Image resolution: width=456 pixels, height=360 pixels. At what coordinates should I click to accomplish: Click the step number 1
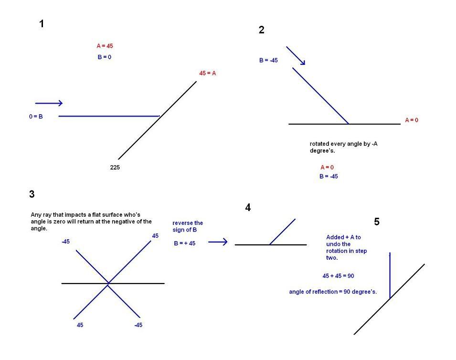pyautogui.click(x=42, y=24)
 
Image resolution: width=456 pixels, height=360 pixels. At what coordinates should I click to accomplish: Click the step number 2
pyautogui.click(x=262, y=30)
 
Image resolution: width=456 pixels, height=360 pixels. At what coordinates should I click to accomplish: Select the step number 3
pyautogui.click(x=32, y=194)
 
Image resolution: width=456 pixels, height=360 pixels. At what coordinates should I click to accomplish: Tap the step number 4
pyautogui.click(x=248, y=207)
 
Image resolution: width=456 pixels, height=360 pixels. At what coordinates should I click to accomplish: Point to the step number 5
pyautogui.click(x=377, y=222)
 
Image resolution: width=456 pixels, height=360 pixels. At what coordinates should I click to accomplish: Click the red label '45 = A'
pyautogui.click(x=208, y=73)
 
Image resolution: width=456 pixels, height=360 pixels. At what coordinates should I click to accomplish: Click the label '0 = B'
pyautogui.click(x=36, y=116)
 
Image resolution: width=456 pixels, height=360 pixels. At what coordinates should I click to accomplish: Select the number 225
pyautogui.click(x=115, y=167)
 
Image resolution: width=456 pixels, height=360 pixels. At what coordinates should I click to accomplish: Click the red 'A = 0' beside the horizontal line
pyautogui.click(x=412, y=120)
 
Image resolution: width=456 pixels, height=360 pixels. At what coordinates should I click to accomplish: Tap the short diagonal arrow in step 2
pyautogui.click(x=296, y=55)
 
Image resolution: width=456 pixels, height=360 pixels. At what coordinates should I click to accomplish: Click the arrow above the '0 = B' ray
pyautogui.click(x=49, y=103)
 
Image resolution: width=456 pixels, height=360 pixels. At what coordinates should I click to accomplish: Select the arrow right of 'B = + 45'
pyautogui.click(x=218, y=242)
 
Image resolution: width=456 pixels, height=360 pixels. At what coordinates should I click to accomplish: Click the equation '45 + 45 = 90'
pyautogui.click(x=338, y=275)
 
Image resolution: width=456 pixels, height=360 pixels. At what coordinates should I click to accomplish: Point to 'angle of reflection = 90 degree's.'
pyautogui.click(x=333, y=292)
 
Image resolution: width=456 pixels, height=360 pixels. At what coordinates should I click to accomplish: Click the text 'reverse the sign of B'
pyautogui.click(x=188, y=226)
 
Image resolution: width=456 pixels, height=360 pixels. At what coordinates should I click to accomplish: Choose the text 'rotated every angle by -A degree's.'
pyautogui.click(x=343, y=147)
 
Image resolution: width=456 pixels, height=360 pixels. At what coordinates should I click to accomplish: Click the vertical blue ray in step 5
pyautogui.click(x=390, y=275)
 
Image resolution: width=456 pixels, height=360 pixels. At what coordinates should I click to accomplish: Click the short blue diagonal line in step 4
pyautogui.click(x=282, y=232)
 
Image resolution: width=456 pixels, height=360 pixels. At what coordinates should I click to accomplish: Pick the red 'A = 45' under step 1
pyautogui.click(x=105, y=46)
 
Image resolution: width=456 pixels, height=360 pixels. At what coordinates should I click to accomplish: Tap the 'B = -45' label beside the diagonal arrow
pyautogui.click(x=268, y=60)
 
